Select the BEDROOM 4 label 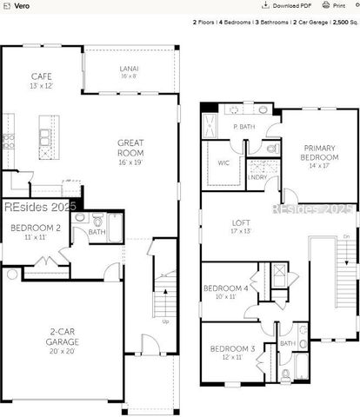[226, 288]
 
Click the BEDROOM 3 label [232, 348]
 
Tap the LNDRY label [257, 176]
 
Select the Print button [337, 5]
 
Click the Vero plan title [11, 5]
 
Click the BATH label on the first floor [97, 232]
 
